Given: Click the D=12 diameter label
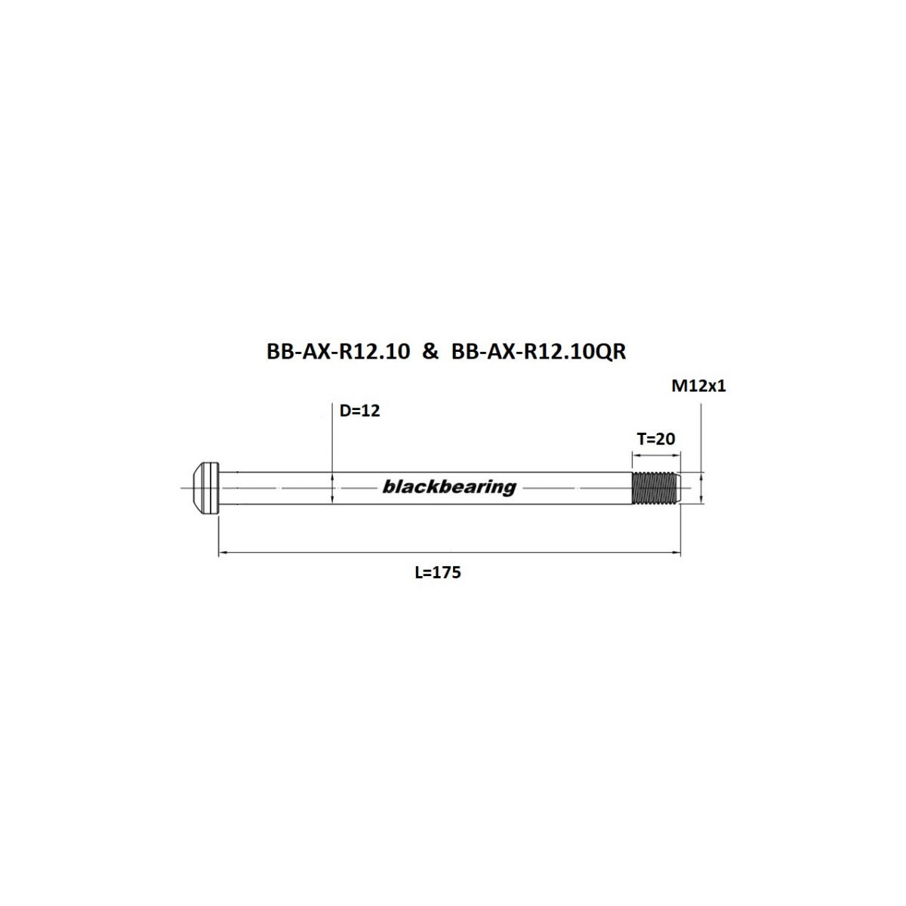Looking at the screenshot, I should coord(359,411).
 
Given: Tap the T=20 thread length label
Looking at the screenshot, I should coord(655,439).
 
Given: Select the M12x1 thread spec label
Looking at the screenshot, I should coord(698,387).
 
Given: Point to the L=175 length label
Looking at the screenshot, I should coord(438,572).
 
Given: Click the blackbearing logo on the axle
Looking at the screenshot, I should coord(449,487).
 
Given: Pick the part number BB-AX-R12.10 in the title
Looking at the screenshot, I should coord(337,351).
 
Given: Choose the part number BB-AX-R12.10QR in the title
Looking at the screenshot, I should coord(538,351).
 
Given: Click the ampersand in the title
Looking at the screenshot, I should coord(430,351).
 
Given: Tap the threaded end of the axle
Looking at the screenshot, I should coord(655,488).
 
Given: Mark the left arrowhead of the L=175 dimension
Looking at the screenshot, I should coord(222,553).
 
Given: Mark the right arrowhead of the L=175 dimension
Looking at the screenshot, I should coord(677,553).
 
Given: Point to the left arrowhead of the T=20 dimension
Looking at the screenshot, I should coord(635,455).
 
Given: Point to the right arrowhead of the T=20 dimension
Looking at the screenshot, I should coord(677,455).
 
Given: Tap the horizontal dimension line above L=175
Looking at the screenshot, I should coord(449,553).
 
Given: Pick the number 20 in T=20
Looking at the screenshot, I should coord(665,439).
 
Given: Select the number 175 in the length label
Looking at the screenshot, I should coord(447,572).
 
